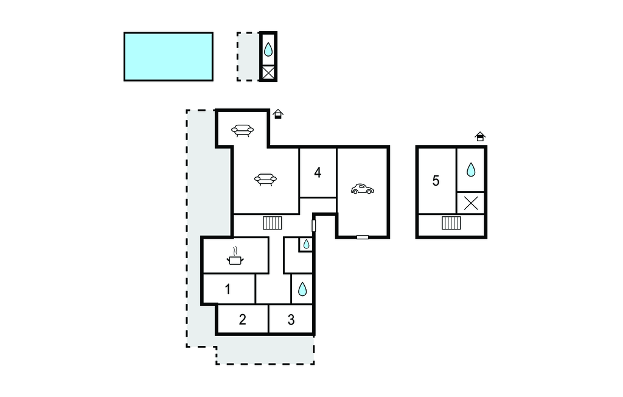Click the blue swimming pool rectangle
(169, 57)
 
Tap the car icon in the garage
(363, 189)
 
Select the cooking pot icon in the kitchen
(235, 256)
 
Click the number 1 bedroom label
(228, 289)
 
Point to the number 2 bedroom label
(242, 320)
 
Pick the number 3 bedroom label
(291, 320)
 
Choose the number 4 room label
(318, 173)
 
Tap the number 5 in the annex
(436, 181)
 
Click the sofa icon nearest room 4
(265, 180)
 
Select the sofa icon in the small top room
(242, 130)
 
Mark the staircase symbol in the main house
(273, 223)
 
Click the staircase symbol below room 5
(451, 223)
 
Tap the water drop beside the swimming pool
(268, 49)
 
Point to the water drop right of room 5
(471, 169)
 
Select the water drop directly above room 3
(302, 289)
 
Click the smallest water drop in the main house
(307, 244)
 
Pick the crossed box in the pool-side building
(268, 73)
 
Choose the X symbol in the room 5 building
(471, 203)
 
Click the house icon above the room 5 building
(480, 136)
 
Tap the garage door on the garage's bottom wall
(363, 237)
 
